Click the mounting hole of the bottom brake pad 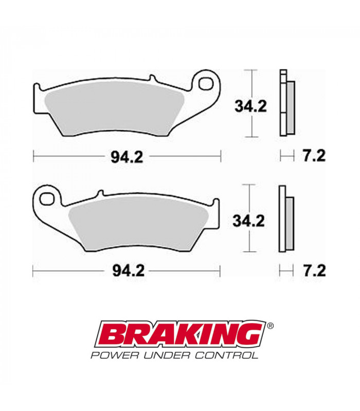47,197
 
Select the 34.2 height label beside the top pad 250,107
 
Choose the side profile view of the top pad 286,103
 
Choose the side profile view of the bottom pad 285,218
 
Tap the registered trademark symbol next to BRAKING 271,325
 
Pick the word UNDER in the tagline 165,354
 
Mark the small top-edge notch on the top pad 152,78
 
